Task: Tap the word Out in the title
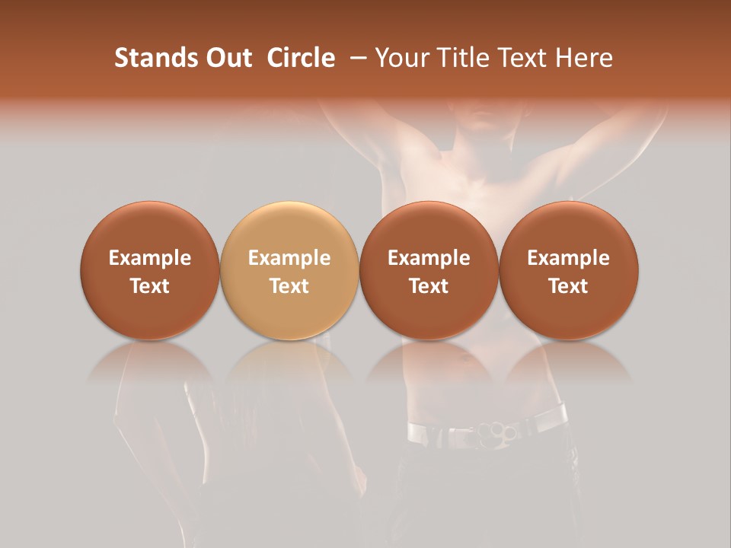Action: pos(227,58)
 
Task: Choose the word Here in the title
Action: pos(585,58)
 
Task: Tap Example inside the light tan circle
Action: pos(289,258)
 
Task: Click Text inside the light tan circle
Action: pos(289,286)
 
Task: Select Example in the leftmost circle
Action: pos(150,258)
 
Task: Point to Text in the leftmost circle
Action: pos(150,286)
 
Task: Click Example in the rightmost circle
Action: pos(568,258)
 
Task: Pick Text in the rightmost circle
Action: pos(568,286)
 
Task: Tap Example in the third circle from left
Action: pos(429,258)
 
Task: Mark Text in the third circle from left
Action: pos(429,286)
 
